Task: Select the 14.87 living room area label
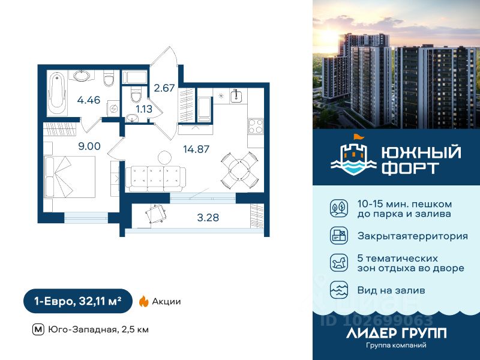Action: [x=196, y=149]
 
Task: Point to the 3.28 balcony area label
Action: [x=208, y=217]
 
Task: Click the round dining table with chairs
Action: [x=234, y=170]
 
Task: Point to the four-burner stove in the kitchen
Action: [x=256, y=127]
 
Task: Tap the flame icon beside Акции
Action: [x=143, y=302]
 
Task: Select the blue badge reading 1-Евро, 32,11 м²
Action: [x=77, y=301]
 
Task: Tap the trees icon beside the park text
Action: [x=338, y=208]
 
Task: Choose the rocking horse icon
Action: [x=338, y=263]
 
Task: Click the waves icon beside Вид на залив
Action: [x=338, y=290]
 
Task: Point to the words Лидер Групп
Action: [x=397, y=333]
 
